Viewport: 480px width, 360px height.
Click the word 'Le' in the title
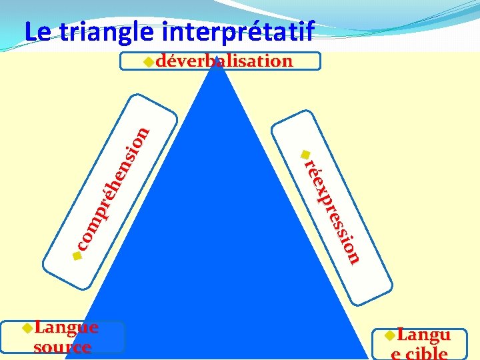tap(35, 31)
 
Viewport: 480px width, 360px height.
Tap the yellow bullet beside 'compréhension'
tap(77, 255)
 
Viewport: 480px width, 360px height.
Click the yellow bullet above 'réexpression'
tap(304, 151)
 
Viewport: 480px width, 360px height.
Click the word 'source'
tap(62, 347)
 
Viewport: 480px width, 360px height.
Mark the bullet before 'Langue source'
tap(27, 327)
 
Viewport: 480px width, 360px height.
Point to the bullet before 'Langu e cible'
tap(391, 335)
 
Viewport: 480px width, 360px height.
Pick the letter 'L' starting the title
tap(29, 31)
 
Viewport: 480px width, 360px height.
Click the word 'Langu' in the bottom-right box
tap(424, 335)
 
